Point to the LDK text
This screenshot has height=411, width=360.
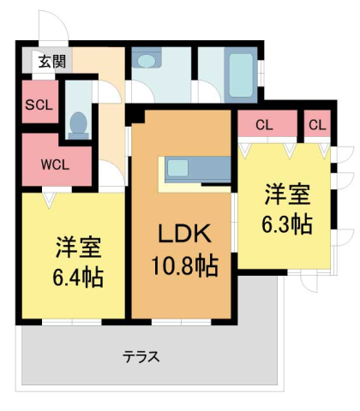179,235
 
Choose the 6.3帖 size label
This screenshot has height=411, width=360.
285,224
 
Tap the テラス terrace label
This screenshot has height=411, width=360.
141,356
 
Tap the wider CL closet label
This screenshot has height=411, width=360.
264,125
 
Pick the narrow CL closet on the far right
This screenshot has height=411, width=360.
317,125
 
